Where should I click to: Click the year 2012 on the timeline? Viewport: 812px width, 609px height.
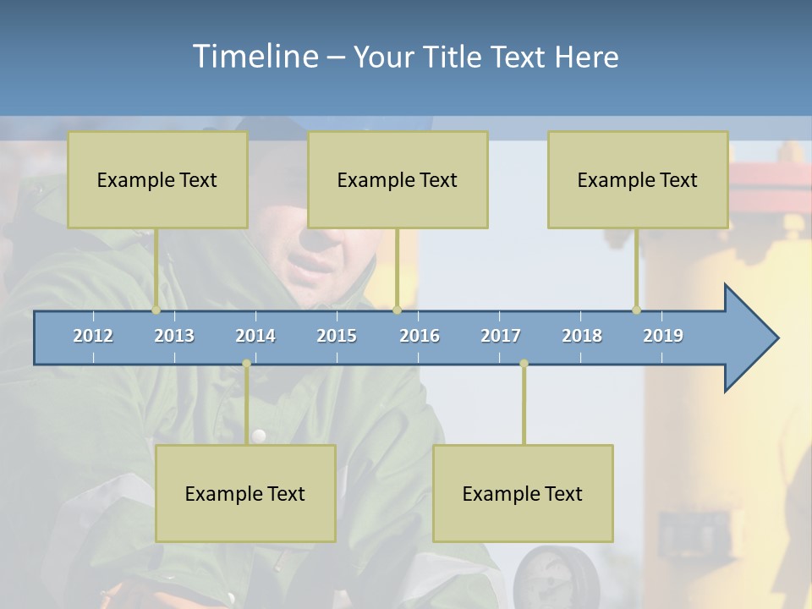point(93,336)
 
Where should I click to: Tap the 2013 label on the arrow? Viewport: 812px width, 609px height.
point(174,336)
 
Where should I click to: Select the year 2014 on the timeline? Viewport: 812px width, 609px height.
point(255,336)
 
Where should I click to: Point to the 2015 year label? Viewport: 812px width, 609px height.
point(337,336)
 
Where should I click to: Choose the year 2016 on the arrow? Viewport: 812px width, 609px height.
point(420,336)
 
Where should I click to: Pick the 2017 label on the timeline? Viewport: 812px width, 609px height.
point(501,336)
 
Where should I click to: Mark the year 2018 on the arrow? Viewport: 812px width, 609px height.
point(582,336)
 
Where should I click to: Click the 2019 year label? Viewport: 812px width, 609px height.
point(663,336)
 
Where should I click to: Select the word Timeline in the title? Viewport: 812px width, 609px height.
point(254,57)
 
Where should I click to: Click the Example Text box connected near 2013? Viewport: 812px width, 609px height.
point(157,179)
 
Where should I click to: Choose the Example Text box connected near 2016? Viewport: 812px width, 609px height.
point(398,179)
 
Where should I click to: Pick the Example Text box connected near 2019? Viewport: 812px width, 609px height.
point(638,179)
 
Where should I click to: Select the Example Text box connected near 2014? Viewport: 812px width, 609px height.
point(245,493)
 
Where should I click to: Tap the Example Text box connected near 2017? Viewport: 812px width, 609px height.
point(523,493)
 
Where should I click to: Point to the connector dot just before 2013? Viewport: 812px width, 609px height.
point(156,310)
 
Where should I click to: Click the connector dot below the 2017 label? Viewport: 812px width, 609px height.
point(524,364)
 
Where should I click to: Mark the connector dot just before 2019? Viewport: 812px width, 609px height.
point(636,310)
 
